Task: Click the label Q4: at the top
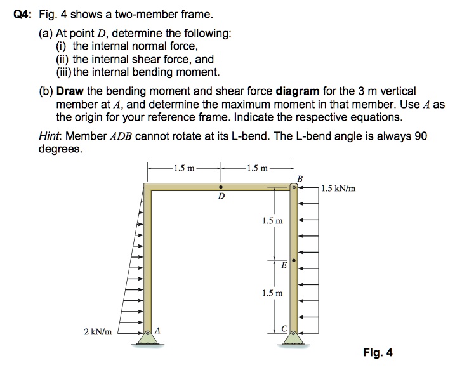click(x=23, y=15)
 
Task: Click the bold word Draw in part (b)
click(x=70, y=91)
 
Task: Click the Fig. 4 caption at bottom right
click(x=378, y=352)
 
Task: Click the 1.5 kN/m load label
click(x=338, y=188)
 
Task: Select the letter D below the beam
click(x=220, y=197)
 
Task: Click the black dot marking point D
click(x=220, y=188)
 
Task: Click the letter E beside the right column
click(x=283, y=267)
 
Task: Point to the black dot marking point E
click(x=293, y=260)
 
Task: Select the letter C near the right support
click(x=285, y=328)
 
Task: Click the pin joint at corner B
click(x=293, y=187)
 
